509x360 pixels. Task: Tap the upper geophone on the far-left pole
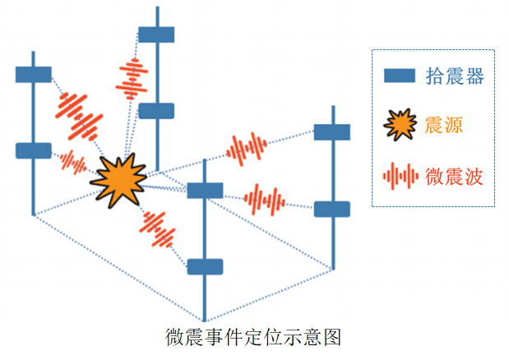pyautogui.click(x=34, y=75)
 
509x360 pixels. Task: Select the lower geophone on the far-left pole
pyautogui.click(x=34, y=150)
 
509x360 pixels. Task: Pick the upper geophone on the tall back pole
pyautogui.click(x=156, y=35)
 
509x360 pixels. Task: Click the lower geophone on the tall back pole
pyautogui.click(x=156, y=111)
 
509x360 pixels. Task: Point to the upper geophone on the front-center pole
pyautogui.click(x=205, y=191)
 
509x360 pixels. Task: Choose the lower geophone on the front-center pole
pyautogui.click(x=205, y=266)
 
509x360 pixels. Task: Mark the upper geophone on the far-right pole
pyautogui.click(x=332, y=132)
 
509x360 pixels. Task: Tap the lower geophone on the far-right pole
pyautogui.click(x=332, y=209)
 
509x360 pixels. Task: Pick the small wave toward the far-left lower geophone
pyautogui.click(x=72, y=162)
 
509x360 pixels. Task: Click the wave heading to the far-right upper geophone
pyautogui.click(x=248, y=149)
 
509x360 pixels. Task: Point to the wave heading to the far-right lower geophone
pyautogui.click(x=264, y=200)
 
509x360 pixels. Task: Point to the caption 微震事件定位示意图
pyautogui.click(x=253, y=337)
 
